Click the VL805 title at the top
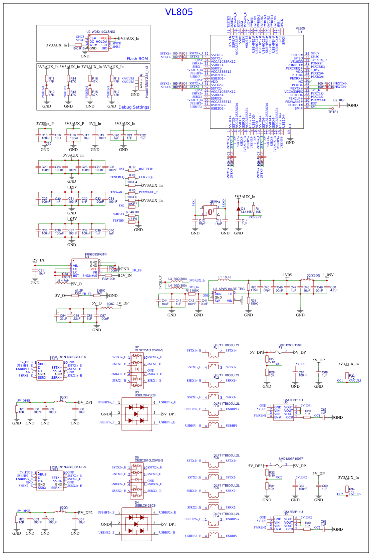click(179, 12)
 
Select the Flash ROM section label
click(137, 59)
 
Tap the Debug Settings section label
click(134, 107)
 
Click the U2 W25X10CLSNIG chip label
click(101, 32)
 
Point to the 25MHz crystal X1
click(210, 212)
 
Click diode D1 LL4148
click(238, 209)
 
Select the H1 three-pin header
click(141, 83)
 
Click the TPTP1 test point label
click(333, 112)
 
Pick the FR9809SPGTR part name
click(96, 254)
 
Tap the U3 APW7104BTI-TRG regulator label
click(229, 289)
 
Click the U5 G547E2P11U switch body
click(283, 412)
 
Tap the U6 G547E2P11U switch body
click(283, 524)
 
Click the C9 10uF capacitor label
click(339, 100)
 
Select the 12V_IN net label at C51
click(37, 260)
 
